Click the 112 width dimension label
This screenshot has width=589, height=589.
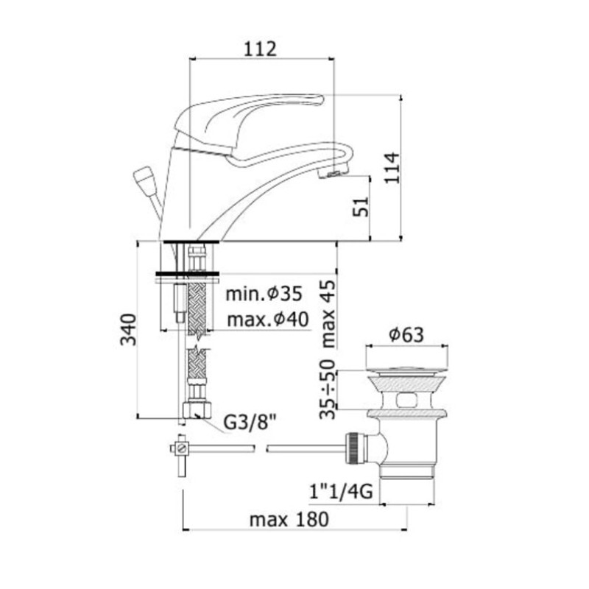(261, 49)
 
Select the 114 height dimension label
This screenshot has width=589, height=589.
(392, 168)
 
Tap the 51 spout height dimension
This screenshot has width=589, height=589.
(361, 207)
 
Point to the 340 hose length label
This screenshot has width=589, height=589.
(127, 329)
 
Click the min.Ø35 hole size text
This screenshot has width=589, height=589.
(264, 294)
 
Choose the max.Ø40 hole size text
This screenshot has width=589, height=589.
(268, 320)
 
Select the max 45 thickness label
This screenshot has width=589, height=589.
(328, 314)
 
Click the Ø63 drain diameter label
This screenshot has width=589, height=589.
(406, 334)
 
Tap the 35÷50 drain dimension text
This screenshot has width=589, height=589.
(328, 389)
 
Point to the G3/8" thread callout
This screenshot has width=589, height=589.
(250, 423)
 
